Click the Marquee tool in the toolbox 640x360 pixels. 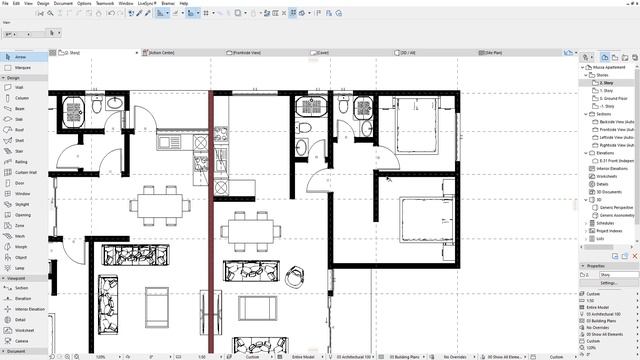tap(22, 68)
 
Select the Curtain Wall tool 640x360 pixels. tap(26, 172)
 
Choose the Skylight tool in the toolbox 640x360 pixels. tap(22, 203)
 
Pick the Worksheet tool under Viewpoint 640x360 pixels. tap(24, 329)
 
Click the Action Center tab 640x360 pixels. tap(165, 52)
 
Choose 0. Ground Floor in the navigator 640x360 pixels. tap(614, 98)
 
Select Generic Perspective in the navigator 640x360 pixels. tap(619, 206)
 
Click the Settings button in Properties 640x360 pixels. tap(609, 283)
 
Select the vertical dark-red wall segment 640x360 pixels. tap(210, 220)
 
